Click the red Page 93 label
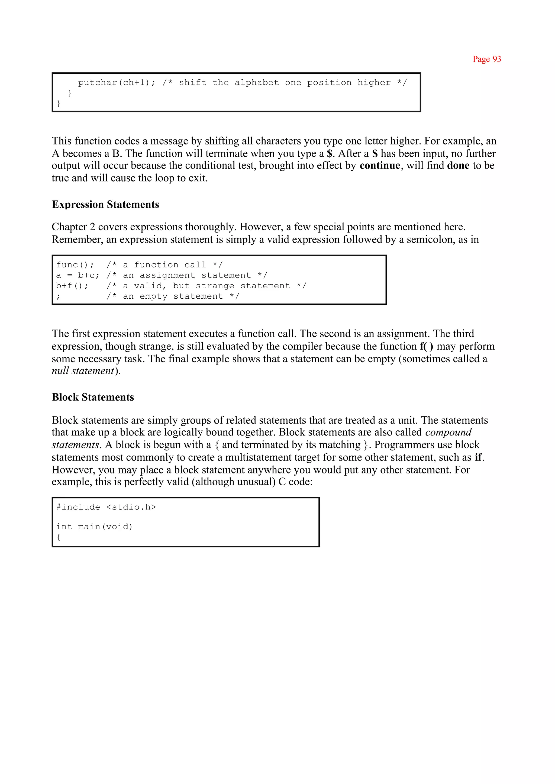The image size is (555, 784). coord(487,59)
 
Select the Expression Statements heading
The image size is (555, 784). coord(105,204)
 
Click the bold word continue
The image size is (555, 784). coord(380,166)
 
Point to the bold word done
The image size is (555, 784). coord(458,166)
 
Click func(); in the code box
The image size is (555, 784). coord(75,265)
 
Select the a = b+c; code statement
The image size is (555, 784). coord(78,275)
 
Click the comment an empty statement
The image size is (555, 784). coord(173,296)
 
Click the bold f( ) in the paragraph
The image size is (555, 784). coord(427,346)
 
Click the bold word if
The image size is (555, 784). coord(479,457)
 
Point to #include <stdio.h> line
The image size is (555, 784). coord(106,507)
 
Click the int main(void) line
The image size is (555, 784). coord(94,527)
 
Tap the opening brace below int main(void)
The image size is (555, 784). coord(59,537)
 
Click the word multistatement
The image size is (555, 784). coord(258,457)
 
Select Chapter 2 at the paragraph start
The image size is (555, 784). coord(73,227)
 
